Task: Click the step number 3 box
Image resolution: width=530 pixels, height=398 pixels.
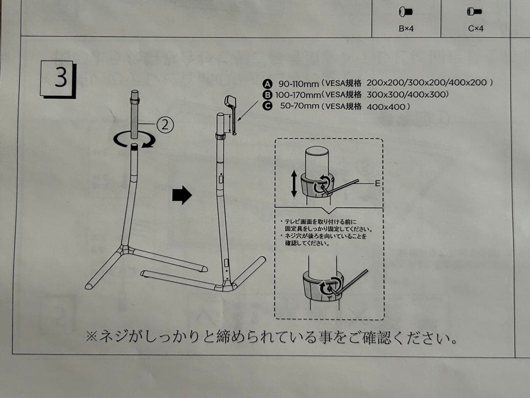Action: (57, 79)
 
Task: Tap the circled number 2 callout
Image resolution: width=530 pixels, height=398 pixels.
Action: (165, 125)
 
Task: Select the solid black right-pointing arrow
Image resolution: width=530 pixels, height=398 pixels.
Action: (182, 196)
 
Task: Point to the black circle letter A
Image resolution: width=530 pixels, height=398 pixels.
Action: (267, 83)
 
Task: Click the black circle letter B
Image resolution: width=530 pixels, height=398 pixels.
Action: (267, 94)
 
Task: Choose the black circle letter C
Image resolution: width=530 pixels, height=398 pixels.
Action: (267, 106)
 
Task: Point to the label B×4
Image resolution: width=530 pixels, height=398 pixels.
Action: (406, 28)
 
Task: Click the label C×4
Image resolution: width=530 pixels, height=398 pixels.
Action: (476, 28)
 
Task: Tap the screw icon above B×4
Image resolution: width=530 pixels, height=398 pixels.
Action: (406, 11)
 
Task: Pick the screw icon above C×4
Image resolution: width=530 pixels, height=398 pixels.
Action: (474, 11)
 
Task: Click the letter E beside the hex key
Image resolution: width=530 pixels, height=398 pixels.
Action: (377, 183)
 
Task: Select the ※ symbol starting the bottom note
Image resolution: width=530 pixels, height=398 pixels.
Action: (92, 337)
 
